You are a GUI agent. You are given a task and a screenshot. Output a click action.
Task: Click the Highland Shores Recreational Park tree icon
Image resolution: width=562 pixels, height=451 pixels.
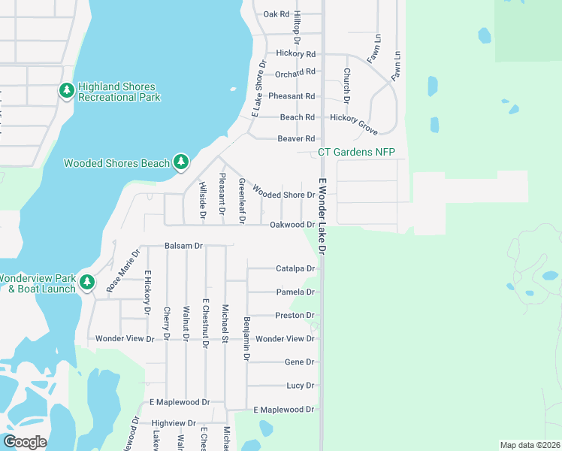(67, 91)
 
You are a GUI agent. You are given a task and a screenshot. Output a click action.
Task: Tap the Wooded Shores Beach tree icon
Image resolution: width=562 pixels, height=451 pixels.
(180, 162)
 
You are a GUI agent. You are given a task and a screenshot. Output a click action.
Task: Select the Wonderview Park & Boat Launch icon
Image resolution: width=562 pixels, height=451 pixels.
(87, 282)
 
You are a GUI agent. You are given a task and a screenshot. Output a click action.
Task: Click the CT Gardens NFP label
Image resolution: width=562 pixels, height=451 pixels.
(356, 152)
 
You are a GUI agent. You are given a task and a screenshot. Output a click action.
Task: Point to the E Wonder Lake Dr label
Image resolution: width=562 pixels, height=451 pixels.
(323, 216)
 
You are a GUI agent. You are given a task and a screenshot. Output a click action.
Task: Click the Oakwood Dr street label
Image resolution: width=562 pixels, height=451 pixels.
(292, 225)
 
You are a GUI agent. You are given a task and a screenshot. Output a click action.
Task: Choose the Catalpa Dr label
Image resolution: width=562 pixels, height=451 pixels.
(295, 268)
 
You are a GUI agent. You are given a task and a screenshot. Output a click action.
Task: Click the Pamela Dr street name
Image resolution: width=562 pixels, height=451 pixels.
(295, 292)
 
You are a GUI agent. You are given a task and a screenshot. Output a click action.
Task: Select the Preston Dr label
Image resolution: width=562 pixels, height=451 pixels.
(295, 316)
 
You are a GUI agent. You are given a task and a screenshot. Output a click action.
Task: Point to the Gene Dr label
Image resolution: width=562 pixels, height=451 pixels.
(299, 362)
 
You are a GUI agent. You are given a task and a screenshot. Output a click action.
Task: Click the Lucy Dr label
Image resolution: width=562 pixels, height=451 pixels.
(300, 386)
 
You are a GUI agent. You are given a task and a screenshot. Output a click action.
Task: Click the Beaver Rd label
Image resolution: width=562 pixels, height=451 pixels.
(296, 139)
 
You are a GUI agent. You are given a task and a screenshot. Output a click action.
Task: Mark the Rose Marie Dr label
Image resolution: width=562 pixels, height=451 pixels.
(124, 271)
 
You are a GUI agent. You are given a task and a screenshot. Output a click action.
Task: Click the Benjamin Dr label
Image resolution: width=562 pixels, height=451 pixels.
(246, 338)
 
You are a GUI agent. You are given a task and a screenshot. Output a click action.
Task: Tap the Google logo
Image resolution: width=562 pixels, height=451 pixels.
(25, 442)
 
